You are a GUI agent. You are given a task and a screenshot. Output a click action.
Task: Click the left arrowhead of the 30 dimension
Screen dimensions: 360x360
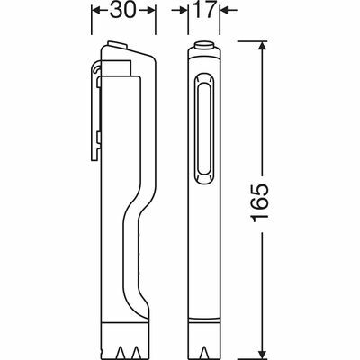(x=95, y=12)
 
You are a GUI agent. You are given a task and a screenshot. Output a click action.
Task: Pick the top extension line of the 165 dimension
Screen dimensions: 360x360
(x=243, y=42)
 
